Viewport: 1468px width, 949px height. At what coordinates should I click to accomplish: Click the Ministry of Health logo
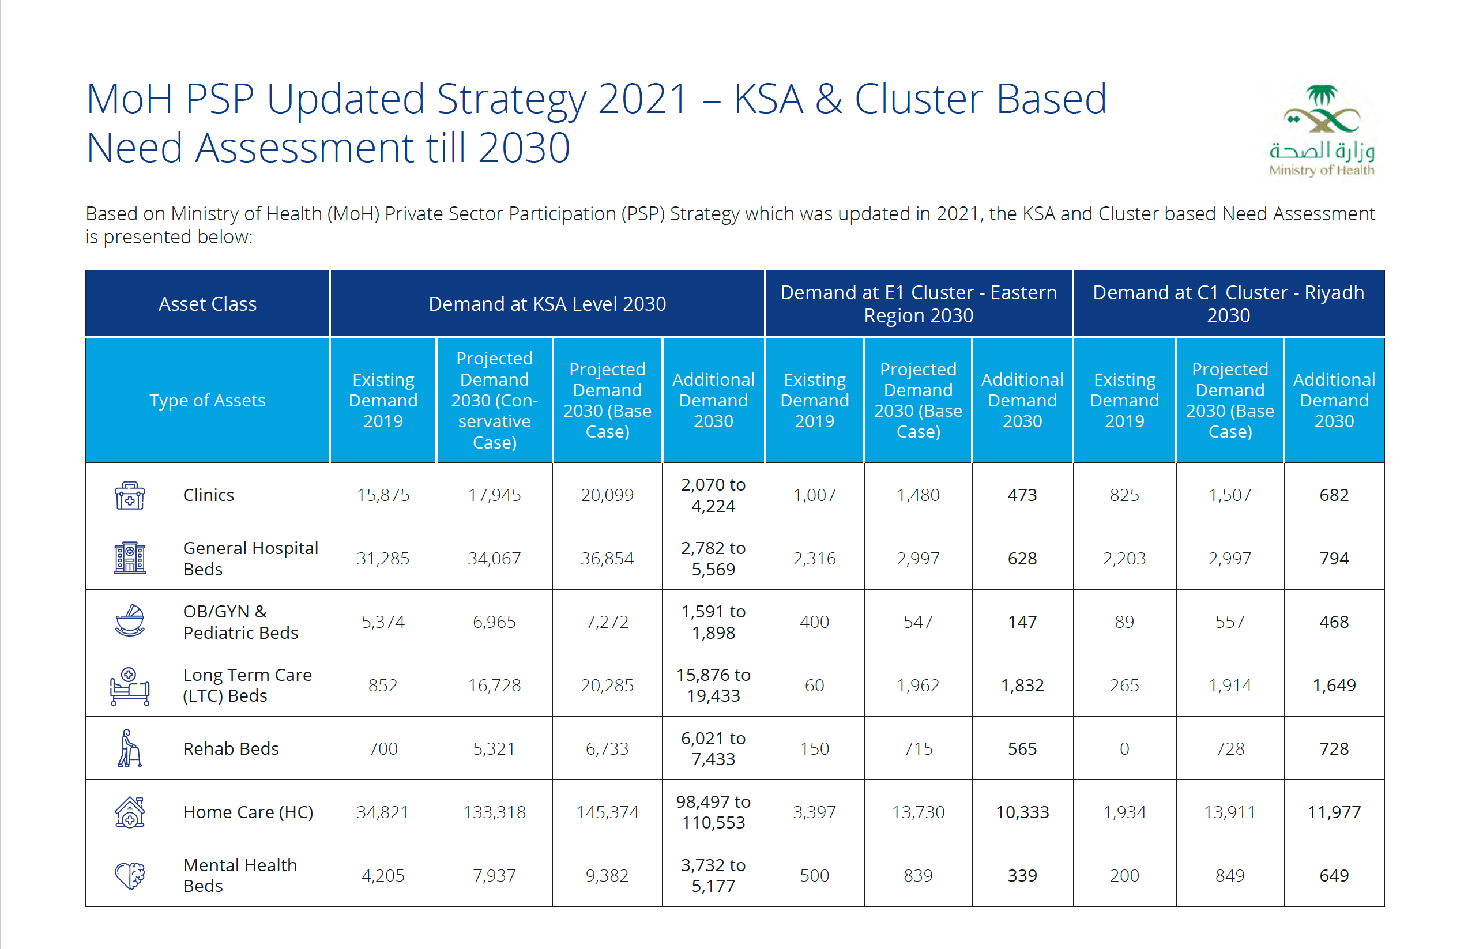point(1321,130)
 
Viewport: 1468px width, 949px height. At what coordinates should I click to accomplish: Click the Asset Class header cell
point(207,304)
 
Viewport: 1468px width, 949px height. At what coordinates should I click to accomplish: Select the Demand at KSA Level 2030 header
point(547,304)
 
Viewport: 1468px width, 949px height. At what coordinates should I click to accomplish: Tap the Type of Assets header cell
point(207,401)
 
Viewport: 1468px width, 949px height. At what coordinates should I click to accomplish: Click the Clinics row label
point(208,495)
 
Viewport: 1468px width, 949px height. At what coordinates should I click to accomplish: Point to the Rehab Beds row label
point(231,749)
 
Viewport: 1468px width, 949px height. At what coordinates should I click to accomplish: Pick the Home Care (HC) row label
point(248,812)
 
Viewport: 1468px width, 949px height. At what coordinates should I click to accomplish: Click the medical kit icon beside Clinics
point(129,495)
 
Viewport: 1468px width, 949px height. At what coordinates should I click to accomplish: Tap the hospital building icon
point(129,558)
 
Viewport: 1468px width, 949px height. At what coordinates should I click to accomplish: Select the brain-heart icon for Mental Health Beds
point(129,875)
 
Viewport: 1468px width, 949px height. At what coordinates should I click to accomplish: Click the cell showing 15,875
point(383,495)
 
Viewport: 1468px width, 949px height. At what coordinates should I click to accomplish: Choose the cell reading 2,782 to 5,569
point(713,558)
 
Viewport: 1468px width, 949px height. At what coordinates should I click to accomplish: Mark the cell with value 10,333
point(1022,812)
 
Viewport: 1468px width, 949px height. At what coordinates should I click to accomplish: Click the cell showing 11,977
point(1334,812)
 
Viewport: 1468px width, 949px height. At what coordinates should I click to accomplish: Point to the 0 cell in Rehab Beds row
point(1124,749)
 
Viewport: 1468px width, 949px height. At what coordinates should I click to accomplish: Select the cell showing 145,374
point(607,812)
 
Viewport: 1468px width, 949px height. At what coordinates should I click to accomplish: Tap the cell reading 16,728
point(494,686)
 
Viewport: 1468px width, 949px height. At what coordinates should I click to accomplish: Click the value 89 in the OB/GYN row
point(1124,622)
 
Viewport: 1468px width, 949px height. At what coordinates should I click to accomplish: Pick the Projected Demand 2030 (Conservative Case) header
point(494,401)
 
